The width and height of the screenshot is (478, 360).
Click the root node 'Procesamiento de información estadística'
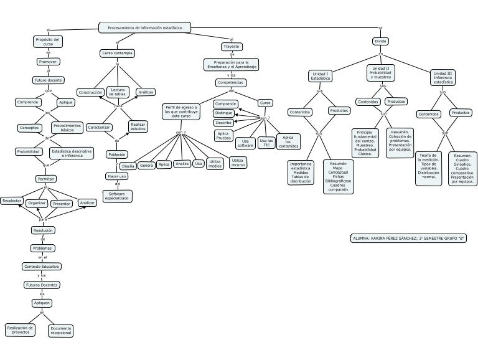[144, 27]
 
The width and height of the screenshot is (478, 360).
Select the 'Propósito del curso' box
[48, 42]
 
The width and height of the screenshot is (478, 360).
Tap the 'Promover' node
[48, 62]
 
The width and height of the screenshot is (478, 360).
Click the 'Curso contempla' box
[117, 54]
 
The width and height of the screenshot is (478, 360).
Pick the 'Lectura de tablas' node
[118, 92]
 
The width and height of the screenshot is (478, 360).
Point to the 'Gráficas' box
[146, 92]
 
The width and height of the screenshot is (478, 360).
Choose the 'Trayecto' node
[232, 47]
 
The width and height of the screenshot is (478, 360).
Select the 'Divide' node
[380, 41]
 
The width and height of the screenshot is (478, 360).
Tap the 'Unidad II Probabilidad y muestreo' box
[380, 72]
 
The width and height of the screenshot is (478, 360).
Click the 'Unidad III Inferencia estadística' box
[443, 77]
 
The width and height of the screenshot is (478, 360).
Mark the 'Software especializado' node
[117, 196]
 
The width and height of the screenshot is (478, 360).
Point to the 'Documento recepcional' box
[61, 330]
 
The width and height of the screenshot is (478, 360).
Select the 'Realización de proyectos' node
[21, 329]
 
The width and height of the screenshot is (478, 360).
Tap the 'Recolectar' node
[12, 201]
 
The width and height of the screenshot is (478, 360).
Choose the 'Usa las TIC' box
[266, 143]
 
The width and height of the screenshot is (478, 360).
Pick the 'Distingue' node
[224, 113]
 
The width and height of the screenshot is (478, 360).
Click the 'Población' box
[117, 154]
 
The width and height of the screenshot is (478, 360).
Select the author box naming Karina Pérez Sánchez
[409, 238]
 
